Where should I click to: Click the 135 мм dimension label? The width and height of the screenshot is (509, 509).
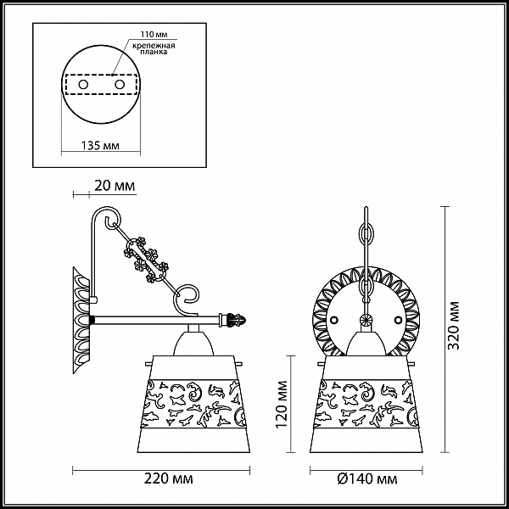coord(100,145)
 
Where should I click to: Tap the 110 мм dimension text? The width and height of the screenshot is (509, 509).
coord(154,35)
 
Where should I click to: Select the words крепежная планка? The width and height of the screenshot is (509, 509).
coord(154,48)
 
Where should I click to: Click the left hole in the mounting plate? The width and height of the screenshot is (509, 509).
coord(83,85)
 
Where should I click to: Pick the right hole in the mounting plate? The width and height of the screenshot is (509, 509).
coord(120,85)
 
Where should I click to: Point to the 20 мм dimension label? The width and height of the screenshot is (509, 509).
coord(115,186)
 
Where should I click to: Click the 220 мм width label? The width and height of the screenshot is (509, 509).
coord(169,478)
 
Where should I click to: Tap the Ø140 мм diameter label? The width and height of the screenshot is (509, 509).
coord(367,478)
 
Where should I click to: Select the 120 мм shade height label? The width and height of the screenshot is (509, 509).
coord(281,404)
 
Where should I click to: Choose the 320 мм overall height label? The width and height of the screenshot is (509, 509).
coord(454,326)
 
